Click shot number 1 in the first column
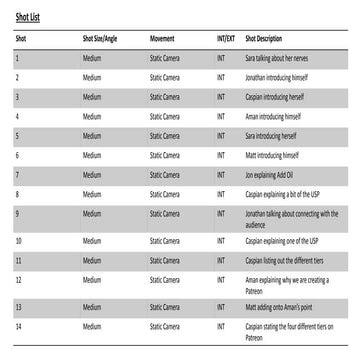click(x=17, y=57)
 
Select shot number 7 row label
click(x=17, y=174)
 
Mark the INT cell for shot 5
click(x=221, y=135)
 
